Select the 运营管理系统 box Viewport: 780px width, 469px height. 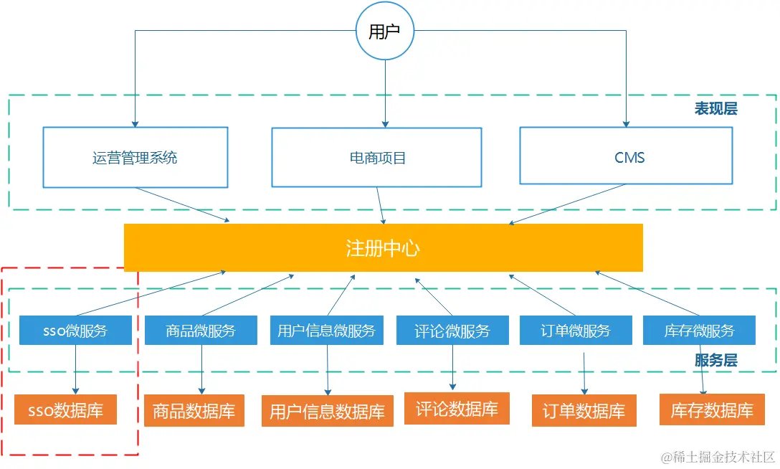(x=135, y=158)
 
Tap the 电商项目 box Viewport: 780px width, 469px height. (x=376, y=158)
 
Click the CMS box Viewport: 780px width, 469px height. (x=626, y=157)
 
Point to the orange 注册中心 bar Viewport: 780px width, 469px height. (x=383, y=248)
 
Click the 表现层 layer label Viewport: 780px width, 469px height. (x=715, y=109)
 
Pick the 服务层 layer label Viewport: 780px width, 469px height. (x=715, y=361)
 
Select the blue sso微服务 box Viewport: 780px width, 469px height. (x=75, y=331)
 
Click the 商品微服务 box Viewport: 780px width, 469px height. (x=201, y=331)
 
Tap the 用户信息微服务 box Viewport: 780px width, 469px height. (x=327, y=331)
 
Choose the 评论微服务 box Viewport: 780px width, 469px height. (x=452, y=331)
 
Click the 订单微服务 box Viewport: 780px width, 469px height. (x=576, y=331)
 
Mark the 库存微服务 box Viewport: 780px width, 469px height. (x=699, y=331)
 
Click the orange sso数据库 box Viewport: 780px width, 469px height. (x=65, y=411)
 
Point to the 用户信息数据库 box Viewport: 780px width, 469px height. (x=327, y=412)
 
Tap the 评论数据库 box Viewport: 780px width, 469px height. (x=457, y=409)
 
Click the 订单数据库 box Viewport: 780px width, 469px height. (x=584, y=412)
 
